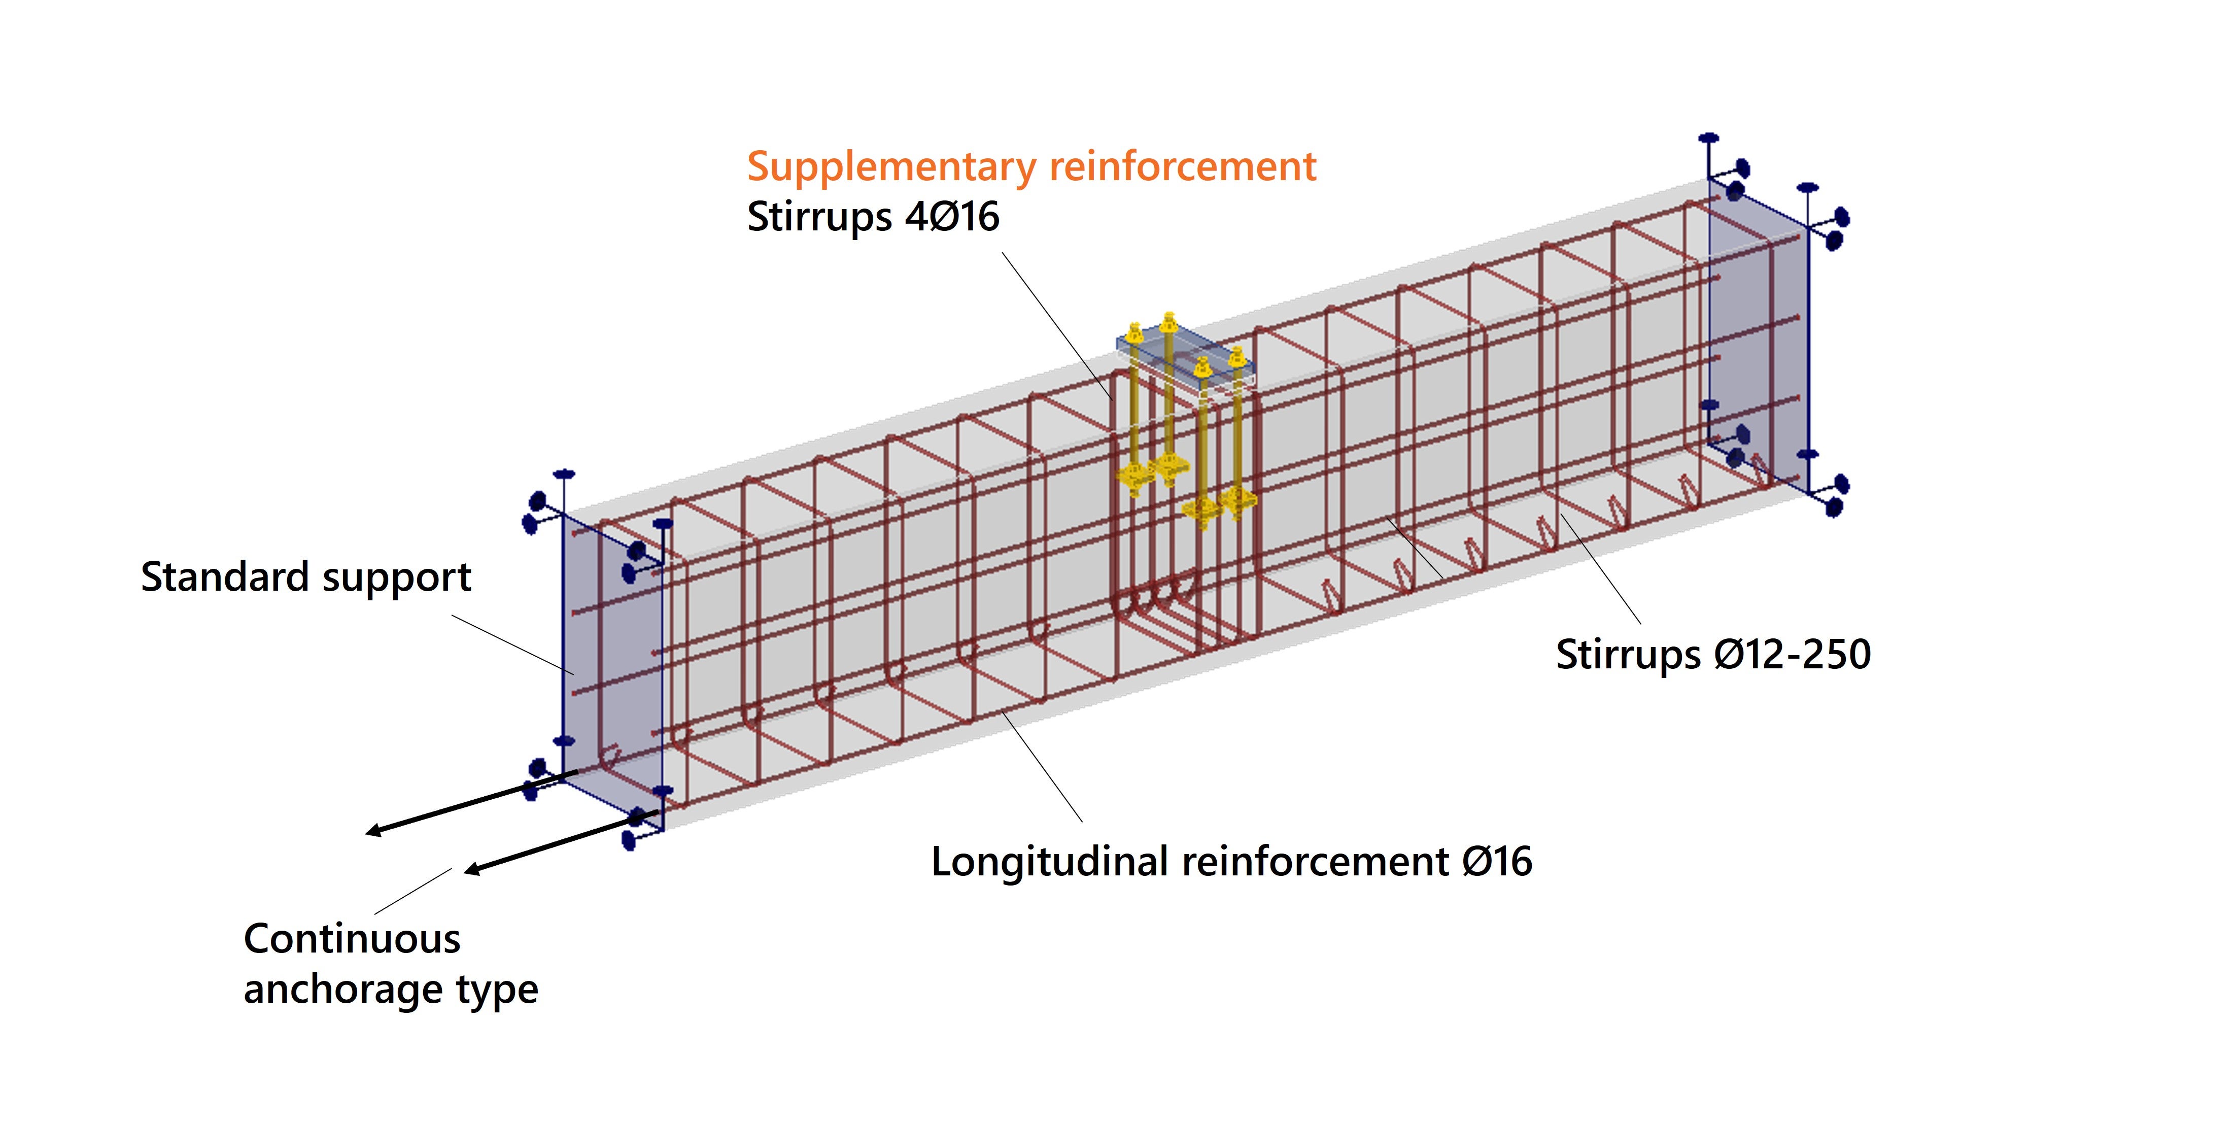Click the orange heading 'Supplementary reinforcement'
(x=1030, y=166)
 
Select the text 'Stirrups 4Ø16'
(x=872, y=216)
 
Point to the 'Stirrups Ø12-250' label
(x=1713, y=654)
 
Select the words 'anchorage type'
(x=391, y=989)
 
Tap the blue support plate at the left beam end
(x=612, y=660)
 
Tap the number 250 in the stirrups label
(x=1838, y=654)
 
